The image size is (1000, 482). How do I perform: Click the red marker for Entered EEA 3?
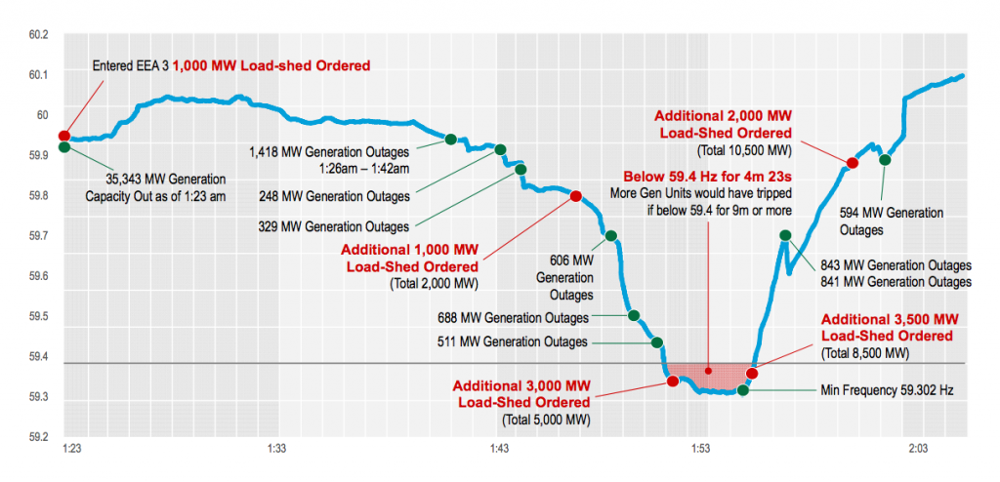(x=64, y=136)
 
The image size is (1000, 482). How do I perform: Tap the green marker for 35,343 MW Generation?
(x=64, y=147)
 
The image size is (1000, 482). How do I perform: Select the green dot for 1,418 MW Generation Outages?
(x=451, y=140)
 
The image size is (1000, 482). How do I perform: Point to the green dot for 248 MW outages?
(x=501, y=149)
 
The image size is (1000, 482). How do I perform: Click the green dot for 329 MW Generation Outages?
(x=521, y=169)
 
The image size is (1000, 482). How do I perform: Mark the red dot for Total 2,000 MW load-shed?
(x=575, y=196)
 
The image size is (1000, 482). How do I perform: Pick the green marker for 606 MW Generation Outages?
(x=611, y=236)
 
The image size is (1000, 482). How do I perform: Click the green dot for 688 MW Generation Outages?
(x=634, y=315)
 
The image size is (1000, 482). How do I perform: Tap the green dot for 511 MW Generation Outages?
(x=657, y=341)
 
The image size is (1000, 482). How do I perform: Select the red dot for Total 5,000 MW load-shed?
(x=673, y=381)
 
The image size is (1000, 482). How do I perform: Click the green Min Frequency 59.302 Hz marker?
(x=742, y=390)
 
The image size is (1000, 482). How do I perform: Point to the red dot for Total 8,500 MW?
(x=752, y=373)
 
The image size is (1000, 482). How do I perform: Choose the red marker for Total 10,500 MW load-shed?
(x=852, y=163)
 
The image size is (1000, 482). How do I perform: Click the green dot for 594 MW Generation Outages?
(x=885, y=160)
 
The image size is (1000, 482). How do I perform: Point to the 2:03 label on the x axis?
(x=917, y=449)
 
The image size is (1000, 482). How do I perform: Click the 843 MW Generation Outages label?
(x=896, y=265)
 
